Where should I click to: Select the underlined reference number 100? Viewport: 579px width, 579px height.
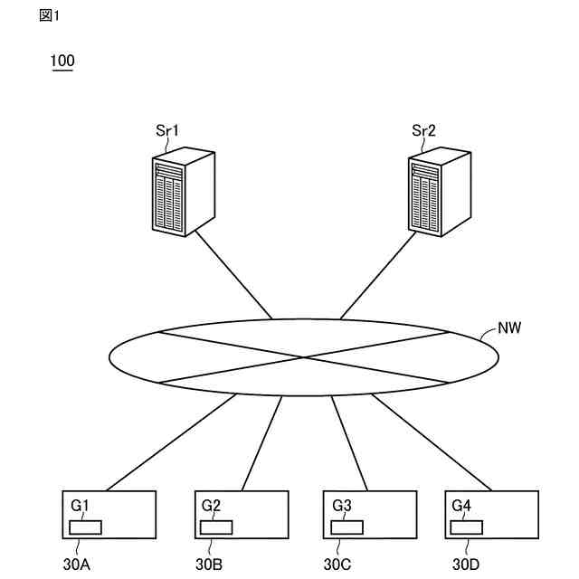pos(62,62)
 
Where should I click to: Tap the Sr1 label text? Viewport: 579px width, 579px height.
pos(166,131)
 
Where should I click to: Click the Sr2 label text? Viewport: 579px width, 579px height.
pos(423,131)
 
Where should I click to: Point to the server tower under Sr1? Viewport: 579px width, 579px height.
pos(183,193)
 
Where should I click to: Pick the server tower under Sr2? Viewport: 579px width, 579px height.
pos(440,193)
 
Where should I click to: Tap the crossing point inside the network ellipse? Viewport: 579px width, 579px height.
pos(304,357)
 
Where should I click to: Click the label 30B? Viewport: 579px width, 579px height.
pos(209,566)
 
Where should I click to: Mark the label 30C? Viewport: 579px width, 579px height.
pos(338,566)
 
